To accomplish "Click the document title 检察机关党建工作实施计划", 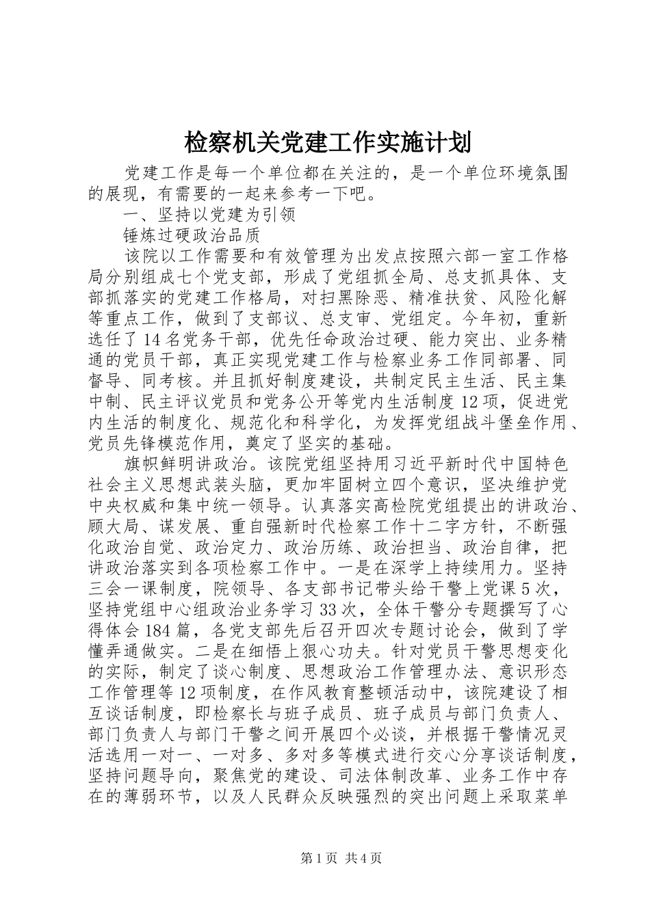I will coord(326,143).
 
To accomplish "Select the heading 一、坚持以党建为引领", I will coord(209,215).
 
